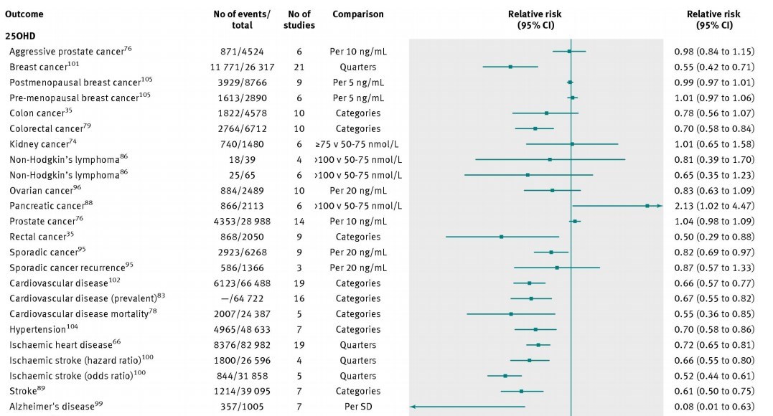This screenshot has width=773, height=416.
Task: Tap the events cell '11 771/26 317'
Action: pos(243,67)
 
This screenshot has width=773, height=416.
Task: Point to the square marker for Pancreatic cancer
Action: pos(647,206)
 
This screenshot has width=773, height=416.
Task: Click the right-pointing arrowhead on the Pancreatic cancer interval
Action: pos(660,206)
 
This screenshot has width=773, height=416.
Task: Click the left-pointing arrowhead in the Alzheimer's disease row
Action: pos(413,407)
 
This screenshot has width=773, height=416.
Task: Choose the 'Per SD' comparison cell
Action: pos(358,407)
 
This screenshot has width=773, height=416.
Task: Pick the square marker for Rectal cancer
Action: pos(501,237)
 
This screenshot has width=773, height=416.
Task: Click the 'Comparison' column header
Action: pos(358,14)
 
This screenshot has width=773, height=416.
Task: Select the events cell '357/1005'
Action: pos(243,407)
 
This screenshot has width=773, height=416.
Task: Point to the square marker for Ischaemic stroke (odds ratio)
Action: pos(505,376)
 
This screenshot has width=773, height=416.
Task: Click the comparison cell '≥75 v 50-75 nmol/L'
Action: pos(358,144)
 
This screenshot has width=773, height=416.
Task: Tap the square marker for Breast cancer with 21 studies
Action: pos(510,67)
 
